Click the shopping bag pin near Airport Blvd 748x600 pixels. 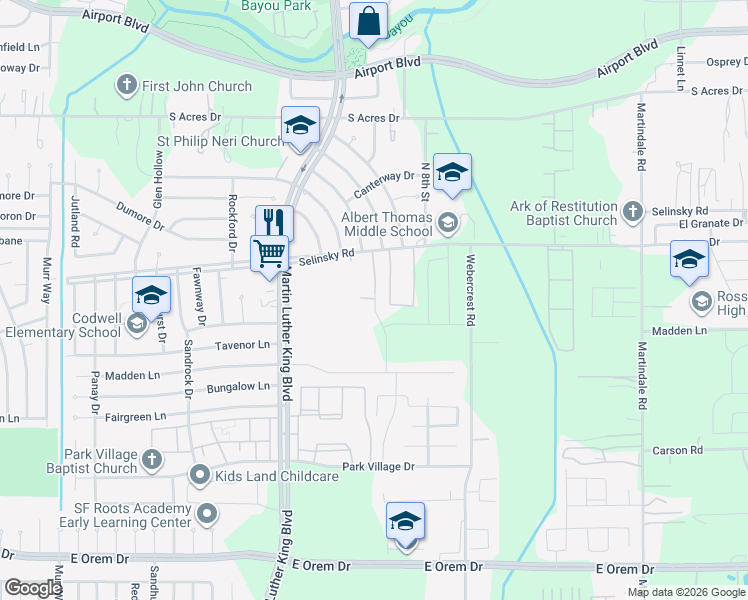[x=368, y=21]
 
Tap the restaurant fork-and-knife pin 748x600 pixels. [x=273, y=223]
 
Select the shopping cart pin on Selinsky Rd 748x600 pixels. [x=270, y=254]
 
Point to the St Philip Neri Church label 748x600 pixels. [x=221, y=141]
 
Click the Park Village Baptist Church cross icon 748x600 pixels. [x=151, y=460]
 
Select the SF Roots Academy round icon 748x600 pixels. [x=207, y=515]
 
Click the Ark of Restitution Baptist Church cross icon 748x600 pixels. [x=632, y=211]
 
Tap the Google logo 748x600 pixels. [x=33, y=588]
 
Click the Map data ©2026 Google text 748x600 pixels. [x=686, y=592]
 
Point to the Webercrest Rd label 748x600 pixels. [x=468, y=289]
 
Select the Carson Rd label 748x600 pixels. [x=677, y=451]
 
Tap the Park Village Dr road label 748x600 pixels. [x=377, y=467]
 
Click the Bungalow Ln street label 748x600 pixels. [x=237, y=386]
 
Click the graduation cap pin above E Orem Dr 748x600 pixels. [x=406, y=523]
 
